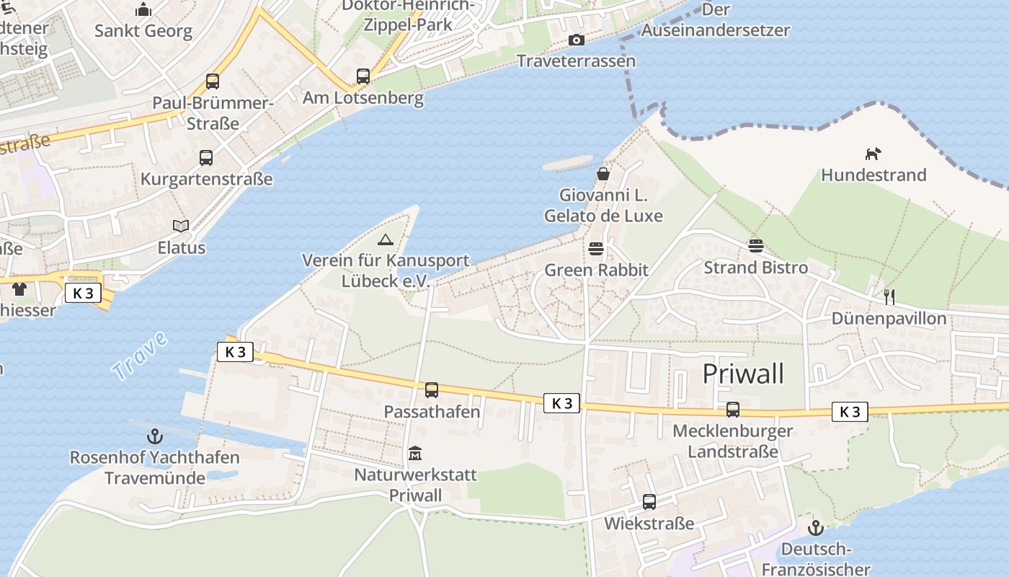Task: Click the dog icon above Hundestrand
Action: coord(873,154)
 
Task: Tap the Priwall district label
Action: coord(743,374)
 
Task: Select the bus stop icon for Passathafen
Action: coord(431,390)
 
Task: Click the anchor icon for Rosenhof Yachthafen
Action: coord(154,436)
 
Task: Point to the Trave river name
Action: coord(140,356)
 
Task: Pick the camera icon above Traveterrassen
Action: coord(576,40)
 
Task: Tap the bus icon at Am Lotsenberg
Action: coord(363,76)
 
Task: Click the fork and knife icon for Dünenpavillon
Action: coord(889,296)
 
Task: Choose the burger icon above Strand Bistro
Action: coord(755,246)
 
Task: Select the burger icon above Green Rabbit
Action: coord(596,249)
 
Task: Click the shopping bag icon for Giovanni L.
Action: coord(603,174)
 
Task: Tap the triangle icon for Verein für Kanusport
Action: coord(385,239)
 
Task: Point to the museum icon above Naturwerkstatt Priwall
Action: coord(415,454)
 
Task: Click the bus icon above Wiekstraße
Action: coord(649,502)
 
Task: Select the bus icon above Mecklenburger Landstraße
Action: coord(733,410)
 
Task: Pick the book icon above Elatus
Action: coord(181,226)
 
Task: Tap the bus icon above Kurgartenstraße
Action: coord(206,157)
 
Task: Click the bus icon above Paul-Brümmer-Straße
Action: coord(213,82)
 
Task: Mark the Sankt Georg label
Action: coord(143,31)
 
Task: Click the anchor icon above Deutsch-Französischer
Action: coord(815,528)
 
